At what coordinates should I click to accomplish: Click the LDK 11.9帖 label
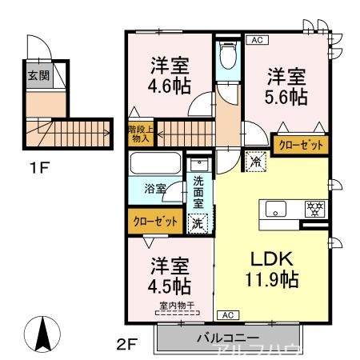coord(270,270)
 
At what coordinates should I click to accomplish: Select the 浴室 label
coord(154,190)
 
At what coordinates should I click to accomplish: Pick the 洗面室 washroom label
coord(199,192)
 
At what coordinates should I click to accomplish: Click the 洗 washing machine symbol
coord(197,224)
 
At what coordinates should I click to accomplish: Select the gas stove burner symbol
coord(314,210)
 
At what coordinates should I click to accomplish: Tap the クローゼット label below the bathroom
coord(154,222)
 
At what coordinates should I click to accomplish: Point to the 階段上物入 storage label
coord(139,134)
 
